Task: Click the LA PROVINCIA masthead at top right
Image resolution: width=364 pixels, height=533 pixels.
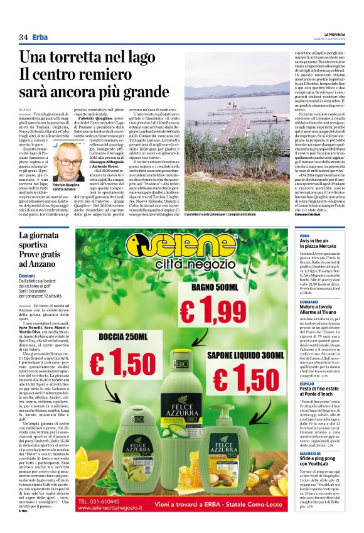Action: point(339,34)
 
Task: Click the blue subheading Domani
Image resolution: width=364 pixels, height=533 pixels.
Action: point(27,276)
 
